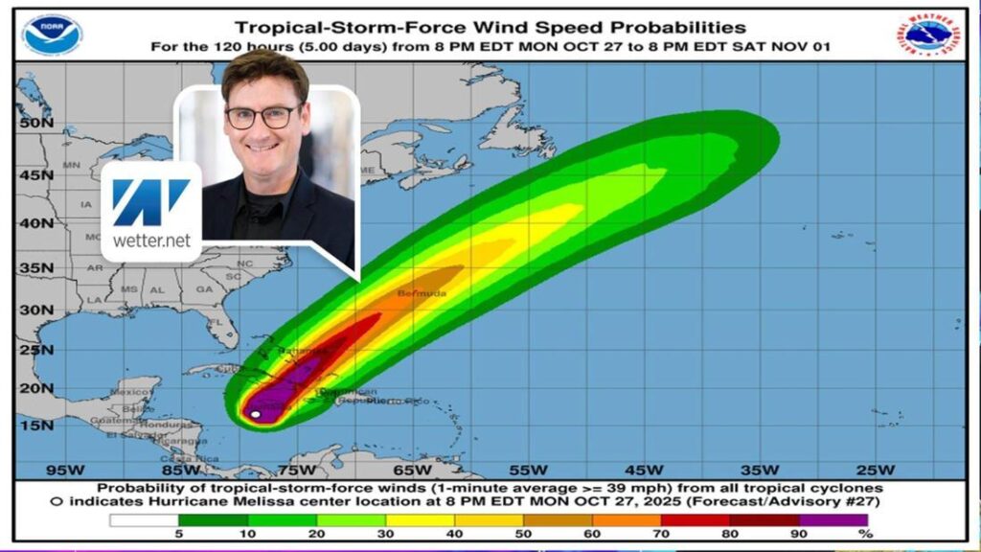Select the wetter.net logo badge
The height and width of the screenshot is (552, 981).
click(x=150, y=212)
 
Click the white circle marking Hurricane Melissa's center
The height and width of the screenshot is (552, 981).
click(x=255, y=414)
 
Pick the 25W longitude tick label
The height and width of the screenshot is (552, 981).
click(x=874, y=470)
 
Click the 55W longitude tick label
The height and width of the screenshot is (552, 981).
click(x=528, y=470)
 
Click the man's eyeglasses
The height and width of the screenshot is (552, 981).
click(x=262, y=117)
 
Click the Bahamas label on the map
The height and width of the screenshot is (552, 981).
click(x=297, y=352)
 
